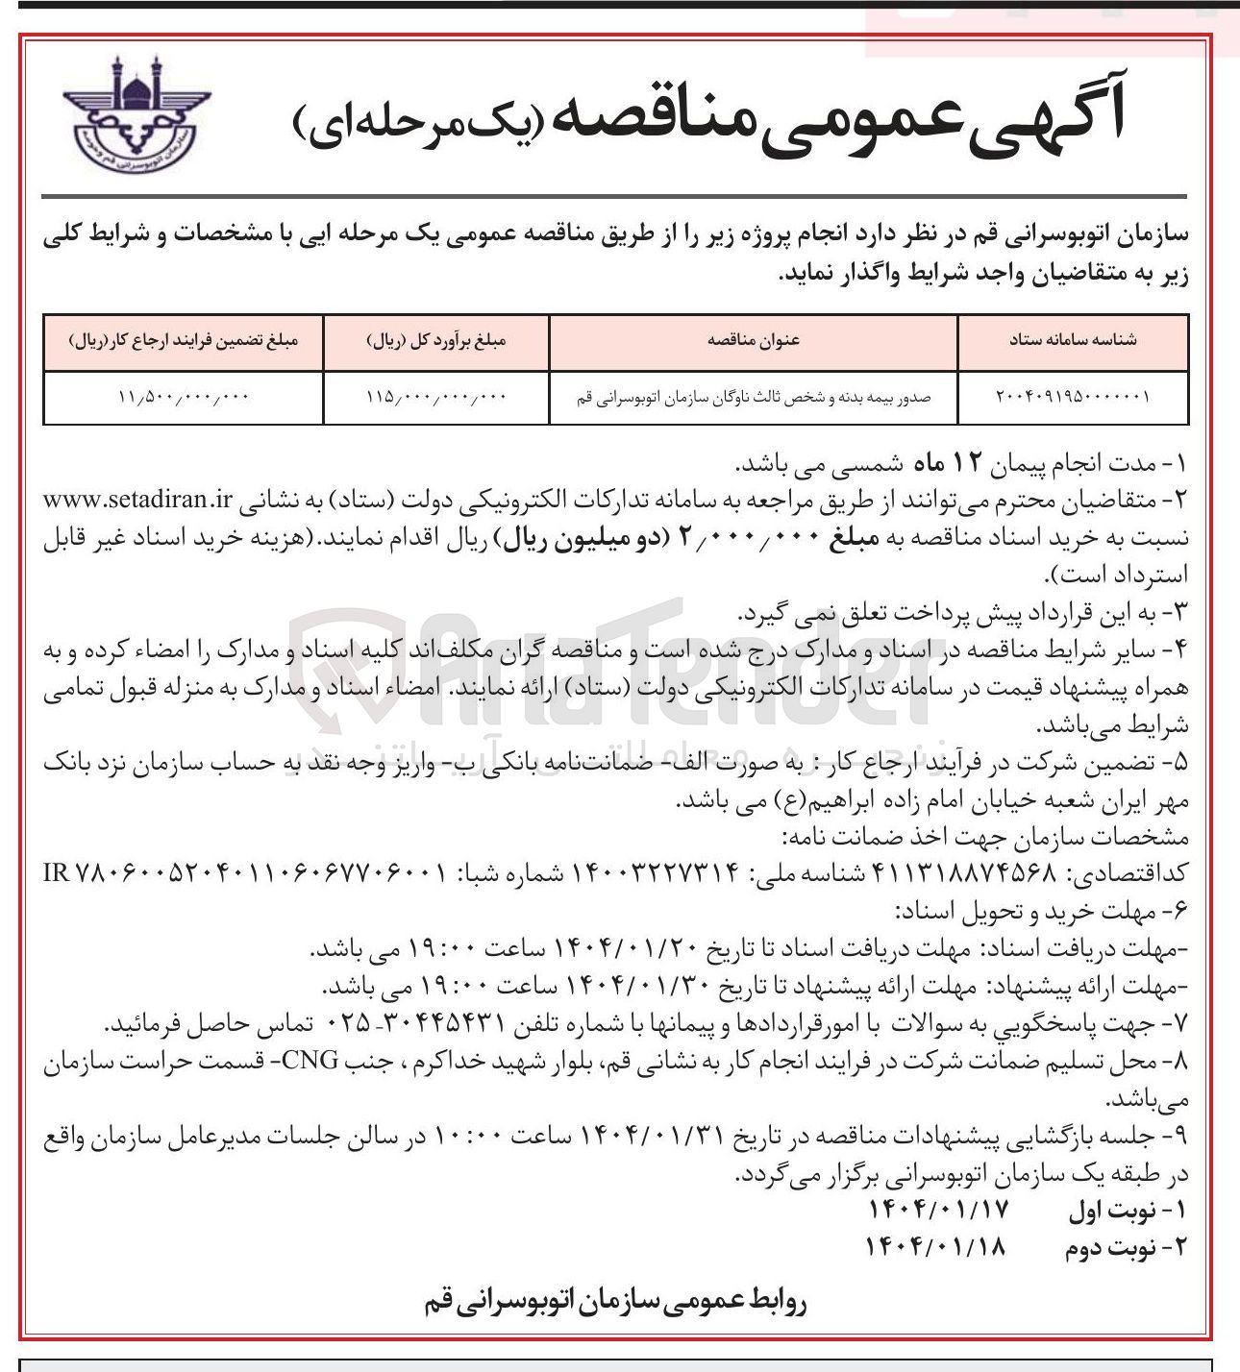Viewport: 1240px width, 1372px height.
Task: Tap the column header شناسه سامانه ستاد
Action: coord(1072,341)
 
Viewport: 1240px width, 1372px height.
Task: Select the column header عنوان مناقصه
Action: coord(754,341)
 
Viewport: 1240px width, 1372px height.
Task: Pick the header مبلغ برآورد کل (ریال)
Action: coord(436,341)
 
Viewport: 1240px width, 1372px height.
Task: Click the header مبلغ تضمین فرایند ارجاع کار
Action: coord(184,341)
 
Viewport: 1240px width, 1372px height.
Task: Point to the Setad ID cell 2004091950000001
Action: coord(1072,397)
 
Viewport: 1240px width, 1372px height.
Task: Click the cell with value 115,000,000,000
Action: coord(436,397)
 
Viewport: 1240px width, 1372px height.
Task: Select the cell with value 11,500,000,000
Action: coord(184,397)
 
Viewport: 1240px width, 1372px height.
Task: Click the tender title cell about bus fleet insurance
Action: coord(754,397)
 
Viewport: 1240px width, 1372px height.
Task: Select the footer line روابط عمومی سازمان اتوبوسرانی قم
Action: coord(615,1303)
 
